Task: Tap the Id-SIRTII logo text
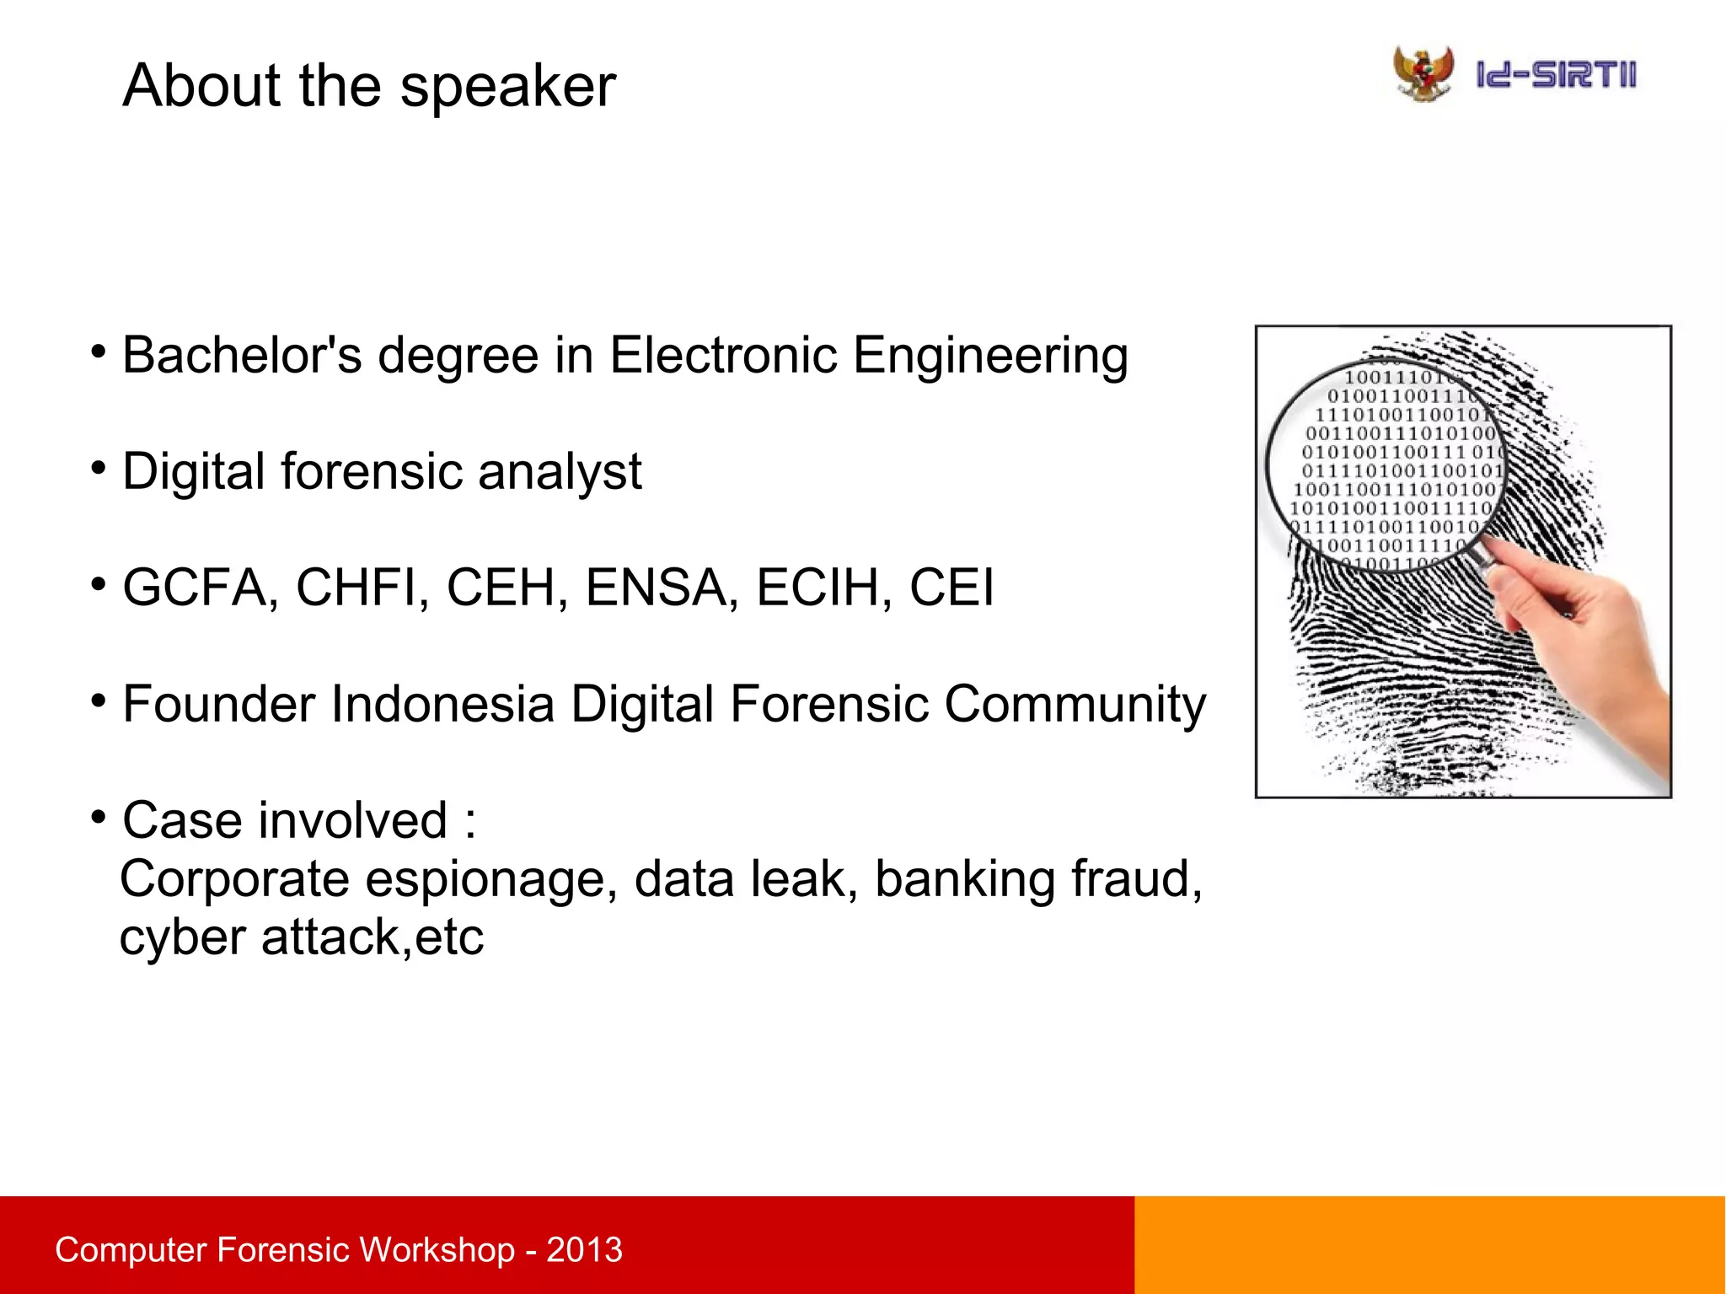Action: tap(1556, 76)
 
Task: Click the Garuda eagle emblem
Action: tap(1423, 74)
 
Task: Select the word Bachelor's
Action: tap(242, 355)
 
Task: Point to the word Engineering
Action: tap(990, 357)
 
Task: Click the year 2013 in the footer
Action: tap(584, 1250)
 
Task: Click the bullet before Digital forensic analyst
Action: tap(99, 467)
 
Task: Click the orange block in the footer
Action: tap(1429, 1245)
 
